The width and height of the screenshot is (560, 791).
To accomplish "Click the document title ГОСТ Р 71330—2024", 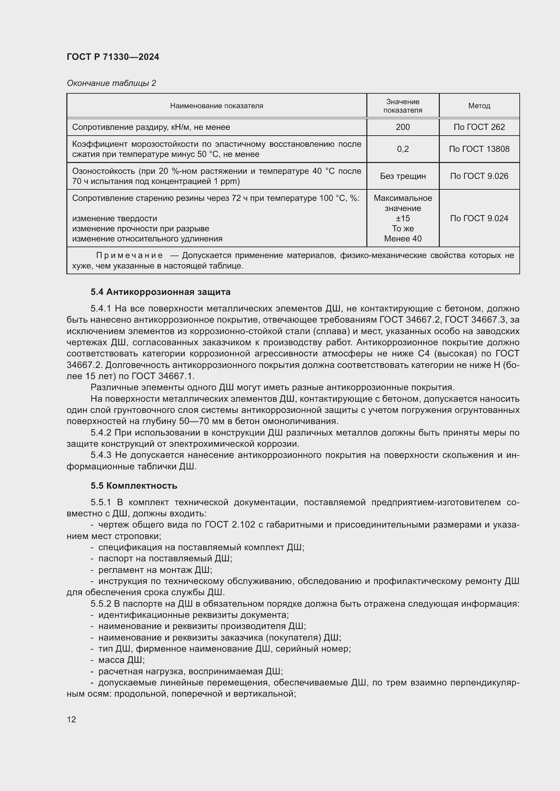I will pos(113,57).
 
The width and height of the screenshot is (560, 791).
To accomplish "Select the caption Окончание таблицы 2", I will pos(111,83).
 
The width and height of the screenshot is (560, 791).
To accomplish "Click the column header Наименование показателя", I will pos(216,106).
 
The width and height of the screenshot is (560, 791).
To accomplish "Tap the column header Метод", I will pos(479,106).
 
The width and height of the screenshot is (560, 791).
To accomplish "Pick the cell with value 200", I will pos(403,127).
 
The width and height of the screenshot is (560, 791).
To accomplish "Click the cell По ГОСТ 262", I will pos(479,127).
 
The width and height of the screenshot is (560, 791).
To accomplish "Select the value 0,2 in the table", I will pos(403,149).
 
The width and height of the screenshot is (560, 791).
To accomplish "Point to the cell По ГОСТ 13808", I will pos(479,149).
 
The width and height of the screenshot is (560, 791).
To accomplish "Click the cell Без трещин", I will pos(403,176).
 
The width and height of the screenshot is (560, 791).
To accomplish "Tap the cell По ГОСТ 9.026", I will pos(479,176).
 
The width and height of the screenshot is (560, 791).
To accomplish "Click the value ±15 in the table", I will pos(403,218).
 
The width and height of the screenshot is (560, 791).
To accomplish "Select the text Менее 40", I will pos(403,238).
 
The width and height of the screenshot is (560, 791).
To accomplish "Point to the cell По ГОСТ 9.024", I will pos(479,218).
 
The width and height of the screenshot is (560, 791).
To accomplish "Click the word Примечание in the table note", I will pos(129,255).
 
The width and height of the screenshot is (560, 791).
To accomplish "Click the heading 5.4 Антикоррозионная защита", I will pos(160,292).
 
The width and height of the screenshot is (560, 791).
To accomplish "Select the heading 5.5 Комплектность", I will pos(134,485).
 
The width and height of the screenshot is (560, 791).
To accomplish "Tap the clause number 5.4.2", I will pos(101,433).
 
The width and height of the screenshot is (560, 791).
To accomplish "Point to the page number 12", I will pos(71,719).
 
